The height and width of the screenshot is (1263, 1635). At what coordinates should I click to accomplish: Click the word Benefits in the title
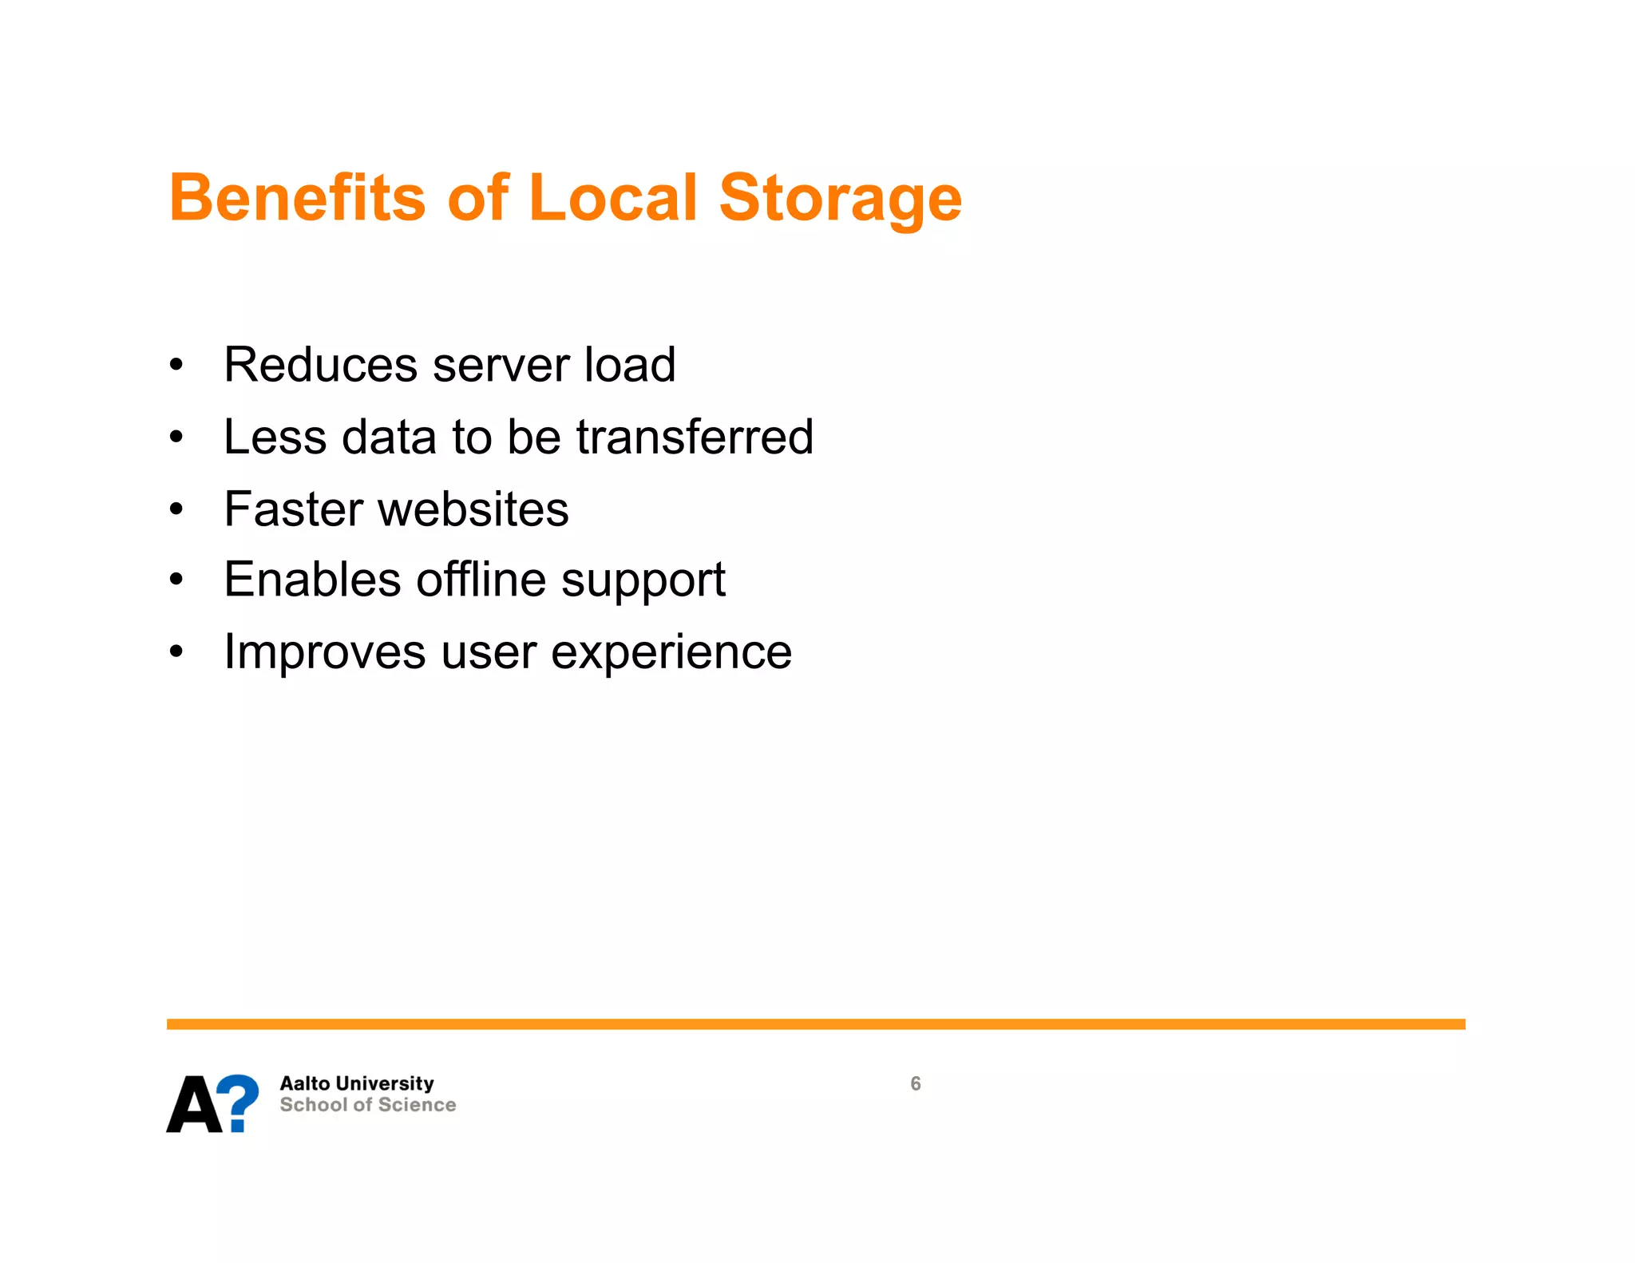297,197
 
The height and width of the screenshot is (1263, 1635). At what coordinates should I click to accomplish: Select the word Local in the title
613,197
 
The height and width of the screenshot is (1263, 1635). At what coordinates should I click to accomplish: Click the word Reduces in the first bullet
320,365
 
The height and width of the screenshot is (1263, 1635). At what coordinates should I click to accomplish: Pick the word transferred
695,437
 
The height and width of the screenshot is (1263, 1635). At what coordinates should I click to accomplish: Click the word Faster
292,509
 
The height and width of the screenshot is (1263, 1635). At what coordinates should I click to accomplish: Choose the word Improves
324,653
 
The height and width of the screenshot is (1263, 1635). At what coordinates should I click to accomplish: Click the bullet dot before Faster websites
176,509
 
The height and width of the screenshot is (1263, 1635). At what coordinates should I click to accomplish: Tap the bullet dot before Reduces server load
176,366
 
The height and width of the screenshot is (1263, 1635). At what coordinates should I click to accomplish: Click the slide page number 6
915,1083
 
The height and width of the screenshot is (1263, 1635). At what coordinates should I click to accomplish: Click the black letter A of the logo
194,1105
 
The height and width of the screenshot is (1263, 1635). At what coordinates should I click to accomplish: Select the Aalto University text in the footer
356,1083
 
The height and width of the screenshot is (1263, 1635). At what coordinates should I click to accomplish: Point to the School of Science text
367,1105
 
